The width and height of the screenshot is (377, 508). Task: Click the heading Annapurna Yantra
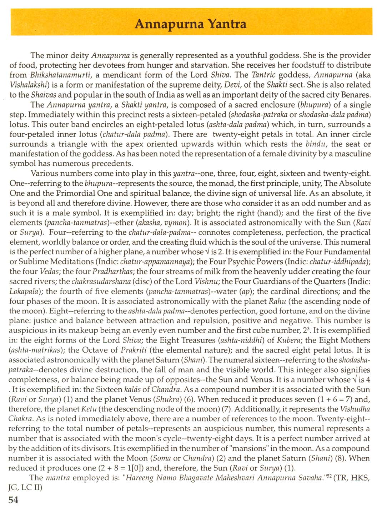click(x=191, y=24)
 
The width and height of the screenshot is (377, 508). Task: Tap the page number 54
click(x=13, y=499)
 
